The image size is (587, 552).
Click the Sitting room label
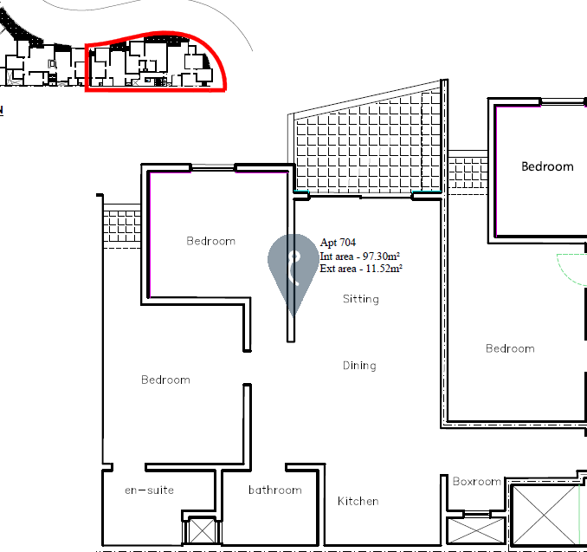point(361,299)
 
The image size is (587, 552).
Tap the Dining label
point(359,366)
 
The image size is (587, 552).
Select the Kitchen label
point(358,501)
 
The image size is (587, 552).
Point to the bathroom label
point(275,490)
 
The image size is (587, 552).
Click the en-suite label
point(150,490)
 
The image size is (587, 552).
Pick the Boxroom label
point(476,481)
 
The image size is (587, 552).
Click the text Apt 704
point(338,243)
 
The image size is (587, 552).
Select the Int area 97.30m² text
point(360,257)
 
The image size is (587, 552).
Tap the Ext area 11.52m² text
point(361,269)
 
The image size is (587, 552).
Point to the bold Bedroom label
point(547,166)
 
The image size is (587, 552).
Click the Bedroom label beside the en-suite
point(165,380)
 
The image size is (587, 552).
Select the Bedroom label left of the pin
point(210,241)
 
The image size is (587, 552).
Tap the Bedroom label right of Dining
point(510,348)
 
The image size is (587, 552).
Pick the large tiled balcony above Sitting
point(369,146)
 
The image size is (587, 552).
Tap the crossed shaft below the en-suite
point(202,530)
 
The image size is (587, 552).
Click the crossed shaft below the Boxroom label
point(476,530)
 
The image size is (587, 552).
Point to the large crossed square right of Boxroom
point(545,515)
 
